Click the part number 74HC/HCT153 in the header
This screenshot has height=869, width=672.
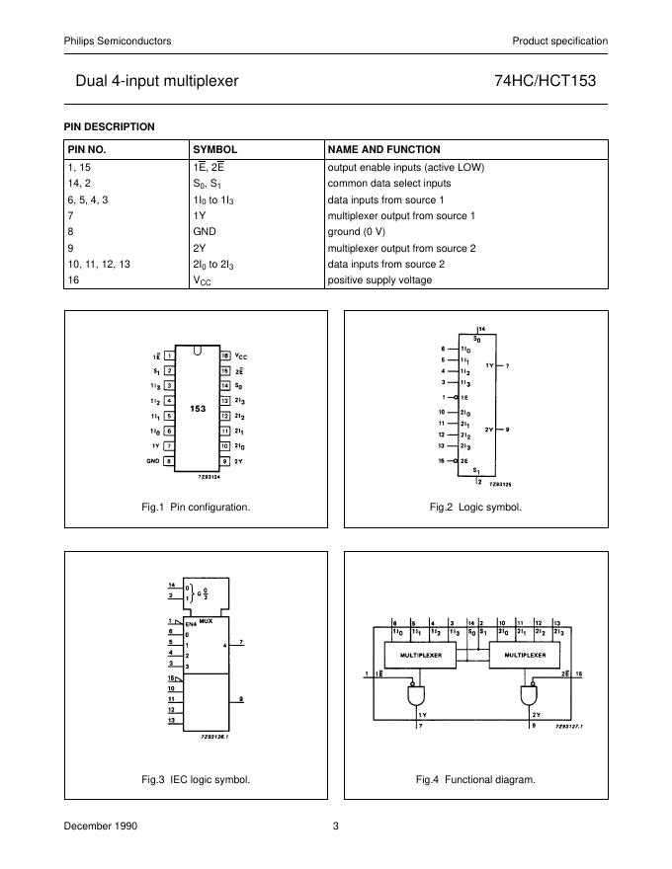[x=545, y=81]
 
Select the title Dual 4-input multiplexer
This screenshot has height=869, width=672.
[x=156, y=81]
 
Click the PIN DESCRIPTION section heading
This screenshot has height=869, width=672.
[x=109, y=126]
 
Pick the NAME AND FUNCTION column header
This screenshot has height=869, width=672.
[x=383, y=149]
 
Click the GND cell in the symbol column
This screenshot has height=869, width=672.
[x=204, y=231]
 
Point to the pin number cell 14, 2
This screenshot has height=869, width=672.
[x=79, y=183]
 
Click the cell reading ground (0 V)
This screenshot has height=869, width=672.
[x=364, y=231]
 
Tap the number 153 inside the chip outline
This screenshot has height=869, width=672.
[x=198, y=408]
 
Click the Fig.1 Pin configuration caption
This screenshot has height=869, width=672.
[x=196, y=507]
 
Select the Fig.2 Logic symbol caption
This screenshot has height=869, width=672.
[x=474, y=507]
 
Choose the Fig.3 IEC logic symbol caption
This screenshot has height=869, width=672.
[x=196, y=779]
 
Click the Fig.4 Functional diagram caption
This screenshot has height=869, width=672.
[x=474, y=779]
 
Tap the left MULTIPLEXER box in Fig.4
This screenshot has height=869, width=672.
[x=421, y=654]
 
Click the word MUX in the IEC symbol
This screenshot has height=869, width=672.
[x=207, y=622]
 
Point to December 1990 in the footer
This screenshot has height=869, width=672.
[x=96, y=826]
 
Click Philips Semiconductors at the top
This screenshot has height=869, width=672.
[x=118, y=40]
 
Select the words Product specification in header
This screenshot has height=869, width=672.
[x=559, y=40]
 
